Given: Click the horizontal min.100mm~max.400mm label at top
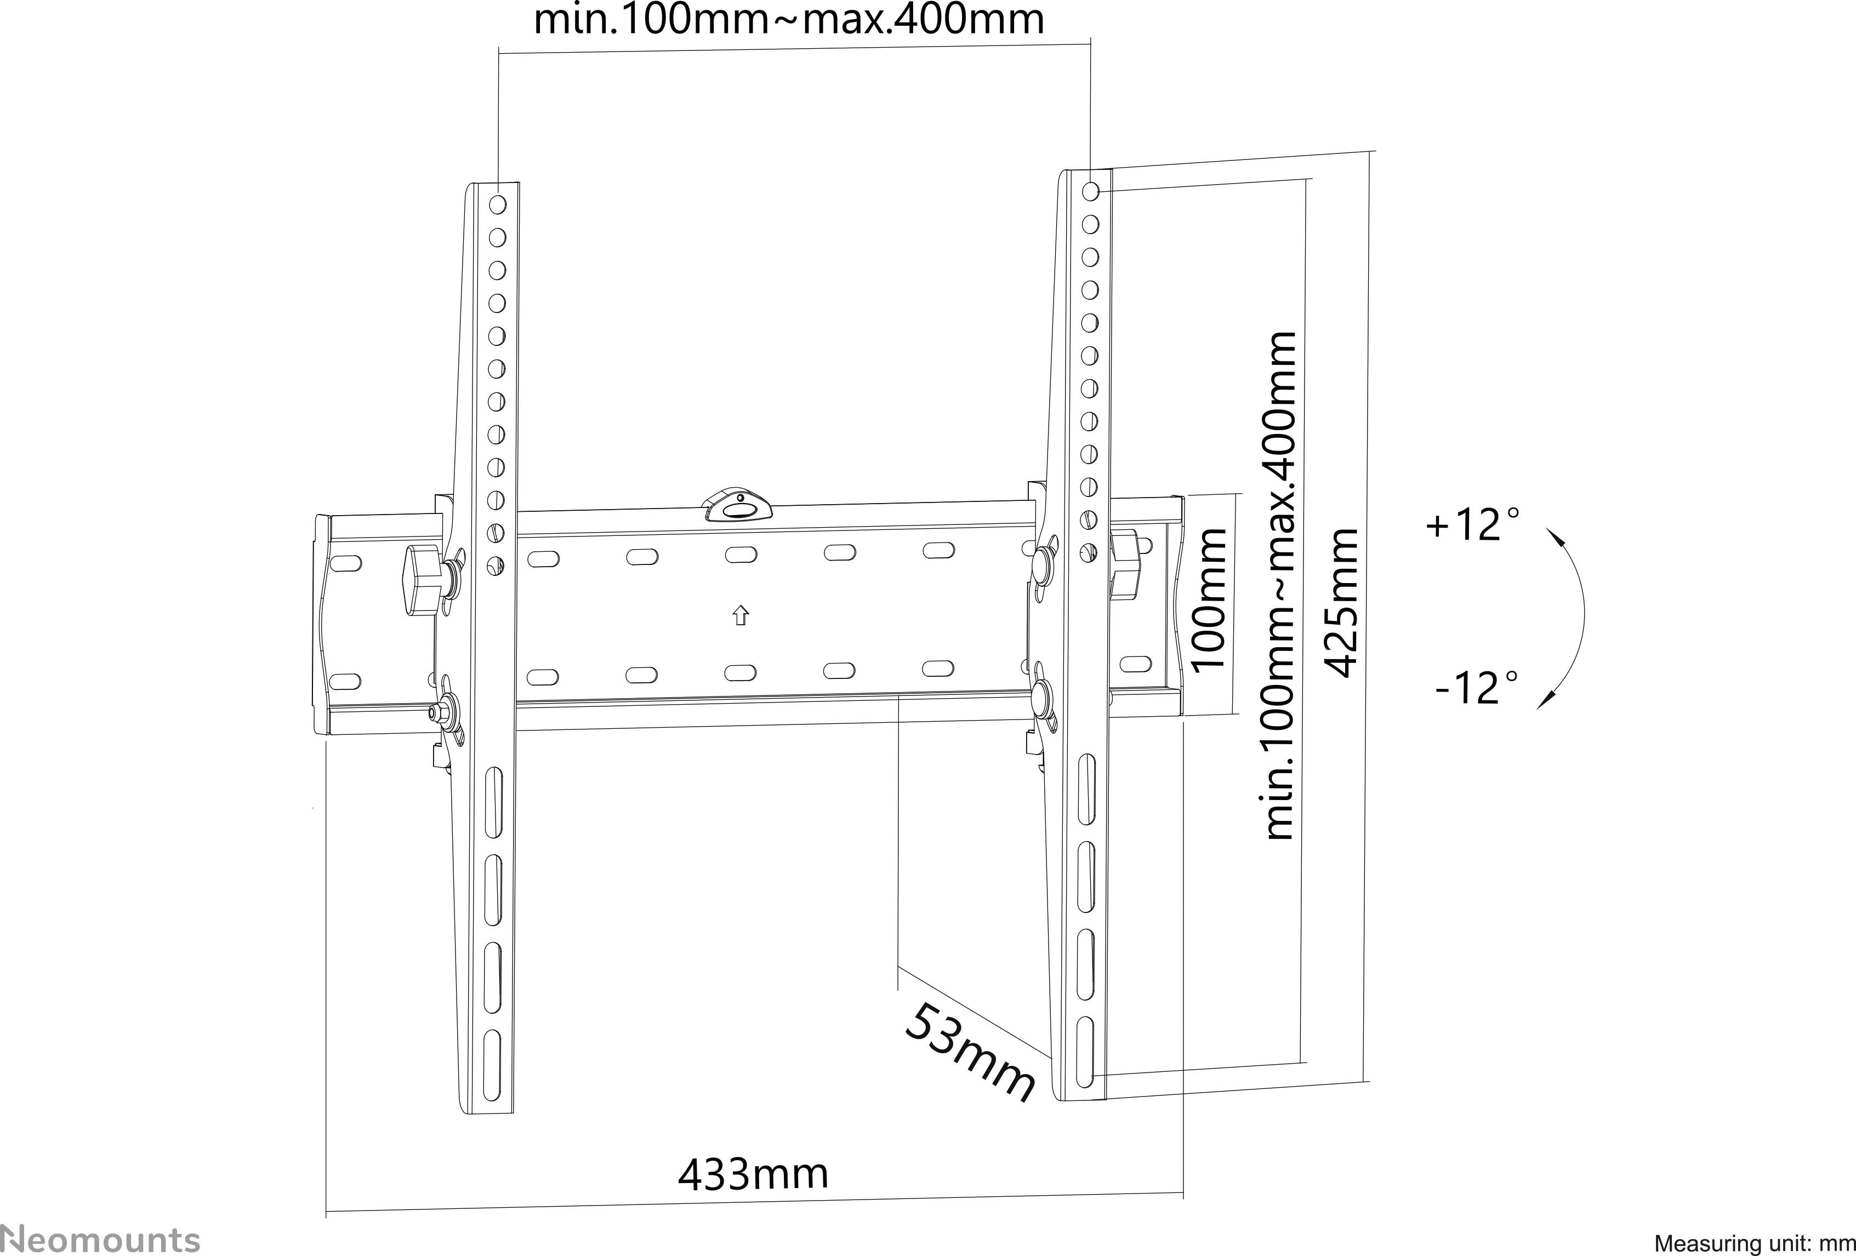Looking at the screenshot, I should pos(788,19).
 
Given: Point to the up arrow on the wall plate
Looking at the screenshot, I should pos(741,615).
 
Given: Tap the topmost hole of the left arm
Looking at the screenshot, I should pos(498,204).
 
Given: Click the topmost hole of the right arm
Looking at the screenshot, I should pos(1091,192).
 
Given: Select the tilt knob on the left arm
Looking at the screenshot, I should pos(423,580).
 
